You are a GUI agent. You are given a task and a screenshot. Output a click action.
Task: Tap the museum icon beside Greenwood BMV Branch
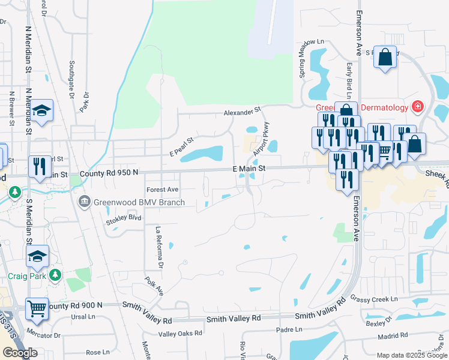[x=85, y=201]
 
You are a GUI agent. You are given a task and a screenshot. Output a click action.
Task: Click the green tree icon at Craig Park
[x=55, y=274]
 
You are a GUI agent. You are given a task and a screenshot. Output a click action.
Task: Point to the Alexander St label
[x=243, y=111]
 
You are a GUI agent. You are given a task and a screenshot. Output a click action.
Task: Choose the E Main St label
[x=249, y=170]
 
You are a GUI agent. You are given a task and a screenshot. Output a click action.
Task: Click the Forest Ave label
[x=163, y=190]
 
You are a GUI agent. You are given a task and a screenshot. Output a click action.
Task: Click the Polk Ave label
[x=154, y=285]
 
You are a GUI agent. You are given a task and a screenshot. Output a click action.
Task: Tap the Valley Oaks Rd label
[x=179, y=334]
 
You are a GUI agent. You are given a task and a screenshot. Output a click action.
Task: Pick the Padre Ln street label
[x=289, y=329]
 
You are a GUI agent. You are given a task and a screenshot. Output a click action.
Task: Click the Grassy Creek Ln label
[x=375, y=299]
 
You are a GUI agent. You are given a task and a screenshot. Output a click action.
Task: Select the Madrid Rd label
[x=394, y=337]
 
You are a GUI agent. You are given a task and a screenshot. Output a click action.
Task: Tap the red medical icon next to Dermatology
[x=418, y=107]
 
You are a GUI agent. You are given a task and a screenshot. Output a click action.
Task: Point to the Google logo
[x=20, y=353]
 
